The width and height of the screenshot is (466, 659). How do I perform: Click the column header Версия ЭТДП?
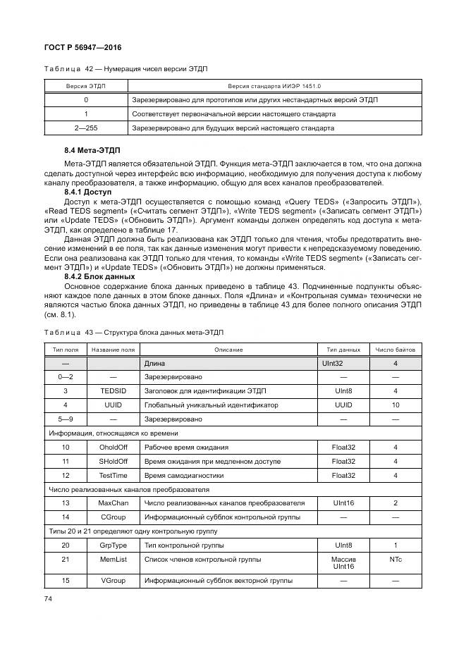tap(85, 85)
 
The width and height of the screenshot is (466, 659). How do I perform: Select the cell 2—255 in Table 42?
tap(85, 128)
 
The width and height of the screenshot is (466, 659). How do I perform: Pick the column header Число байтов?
tap(395, 350)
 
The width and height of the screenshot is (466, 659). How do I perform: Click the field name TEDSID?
tap(113, 390)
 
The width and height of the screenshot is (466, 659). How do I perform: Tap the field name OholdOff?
tap(113, 447)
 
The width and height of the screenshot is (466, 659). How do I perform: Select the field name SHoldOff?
tap(113, 461)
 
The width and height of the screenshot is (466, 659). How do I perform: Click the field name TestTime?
tap(113, 475)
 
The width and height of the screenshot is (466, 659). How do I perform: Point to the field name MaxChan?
tap(113, 503)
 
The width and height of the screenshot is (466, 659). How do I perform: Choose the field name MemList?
tap(113, 560)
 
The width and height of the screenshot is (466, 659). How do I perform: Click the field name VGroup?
tap(113, 580)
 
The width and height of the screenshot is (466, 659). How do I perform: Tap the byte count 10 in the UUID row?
tap(395, 405)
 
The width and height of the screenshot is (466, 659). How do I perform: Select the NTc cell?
tap(395, 560)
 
